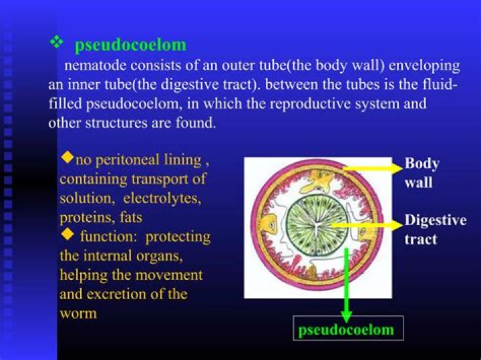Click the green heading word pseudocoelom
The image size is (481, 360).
[x=130, y=45]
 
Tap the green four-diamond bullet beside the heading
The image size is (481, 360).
[x=56, y=42]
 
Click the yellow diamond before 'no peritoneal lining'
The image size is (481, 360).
[x=67, y=157]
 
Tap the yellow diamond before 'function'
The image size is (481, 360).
[x=67, y=235]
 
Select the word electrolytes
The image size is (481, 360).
[x=162, y=198]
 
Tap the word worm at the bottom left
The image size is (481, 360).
[x=79, y=314]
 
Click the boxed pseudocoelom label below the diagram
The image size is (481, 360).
[x=348, y=329]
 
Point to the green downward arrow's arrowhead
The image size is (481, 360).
[x=346, y=317]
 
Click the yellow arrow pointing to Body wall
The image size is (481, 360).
[x=373, y=168]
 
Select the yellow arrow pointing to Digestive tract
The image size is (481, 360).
[x=367, y=225]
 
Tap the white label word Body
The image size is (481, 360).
[x=422, y=164]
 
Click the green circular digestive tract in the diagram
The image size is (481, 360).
[x=317, y=225]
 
